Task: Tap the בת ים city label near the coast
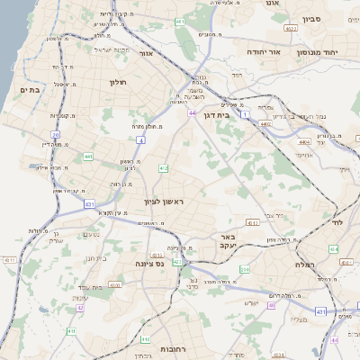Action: coord(28,90)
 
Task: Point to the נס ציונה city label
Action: coord(149,264)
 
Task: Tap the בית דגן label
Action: coord(238,114)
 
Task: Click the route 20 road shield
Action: coord(55,135)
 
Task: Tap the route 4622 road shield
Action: coord(290,30)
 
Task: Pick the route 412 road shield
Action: coord(163,168)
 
